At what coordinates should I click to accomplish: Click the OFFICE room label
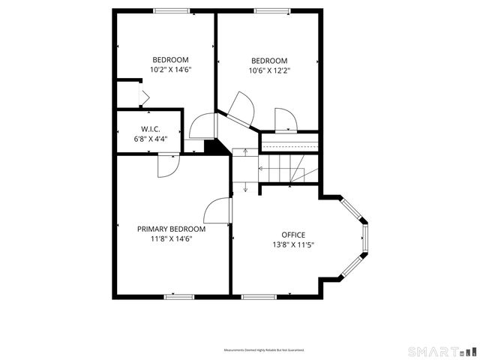coord(293,235)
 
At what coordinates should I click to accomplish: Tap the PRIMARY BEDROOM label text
coord(170,229)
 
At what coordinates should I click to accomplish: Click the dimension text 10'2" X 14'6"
coord(170,70)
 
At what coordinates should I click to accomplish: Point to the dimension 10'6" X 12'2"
coord(269,71)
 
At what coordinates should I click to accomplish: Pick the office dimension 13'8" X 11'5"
coord(293,244)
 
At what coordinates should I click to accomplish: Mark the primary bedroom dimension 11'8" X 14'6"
coord(170,239)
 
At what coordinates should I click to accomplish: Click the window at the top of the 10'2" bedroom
coord(170,10)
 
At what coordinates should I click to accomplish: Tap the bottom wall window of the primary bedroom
coord(180,296)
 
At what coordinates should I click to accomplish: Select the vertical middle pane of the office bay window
coord(365,235)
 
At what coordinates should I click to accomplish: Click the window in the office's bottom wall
coord(258,296)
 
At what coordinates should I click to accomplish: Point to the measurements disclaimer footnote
coord(268,350)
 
